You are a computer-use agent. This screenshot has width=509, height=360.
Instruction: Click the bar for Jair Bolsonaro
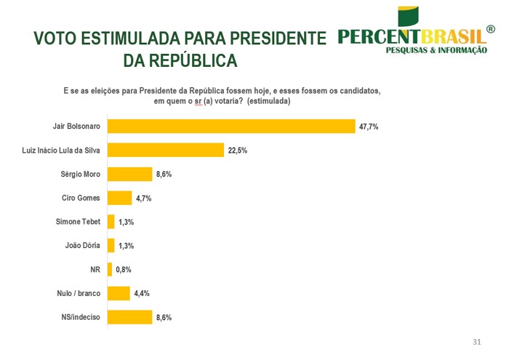231,127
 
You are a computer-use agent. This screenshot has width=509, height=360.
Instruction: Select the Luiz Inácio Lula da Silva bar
165,151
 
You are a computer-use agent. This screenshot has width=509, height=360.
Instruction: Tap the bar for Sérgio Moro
129,175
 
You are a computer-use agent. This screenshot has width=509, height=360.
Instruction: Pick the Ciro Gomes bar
119,198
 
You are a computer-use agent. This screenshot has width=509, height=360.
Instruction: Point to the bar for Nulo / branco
119,293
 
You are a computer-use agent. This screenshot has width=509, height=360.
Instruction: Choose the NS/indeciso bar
129,317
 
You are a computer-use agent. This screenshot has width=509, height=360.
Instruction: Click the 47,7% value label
369,127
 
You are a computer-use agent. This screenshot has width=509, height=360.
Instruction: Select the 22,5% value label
238,151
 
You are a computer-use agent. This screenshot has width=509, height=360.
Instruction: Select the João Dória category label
83,246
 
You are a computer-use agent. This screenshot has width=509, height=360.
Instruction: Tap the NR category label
95,270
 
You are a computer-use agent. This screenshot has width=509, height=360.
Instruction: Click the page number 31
477,342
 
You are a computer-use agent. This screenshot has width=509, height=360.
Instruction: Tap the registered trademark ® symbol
491,30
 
